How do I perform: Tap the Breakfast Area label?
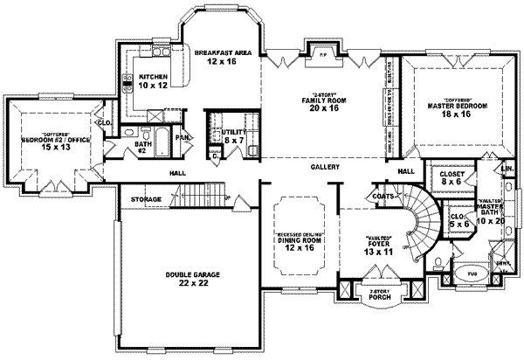click(x=223, y=58)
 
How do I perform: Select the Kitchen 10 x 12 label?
click(x=147, y=80)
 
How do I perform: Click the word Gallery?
click(x=325, y=167)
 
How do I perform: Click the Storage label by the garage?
click(x=147, y=199)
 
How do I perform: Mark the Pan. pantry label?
click(x=184, y=137)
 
